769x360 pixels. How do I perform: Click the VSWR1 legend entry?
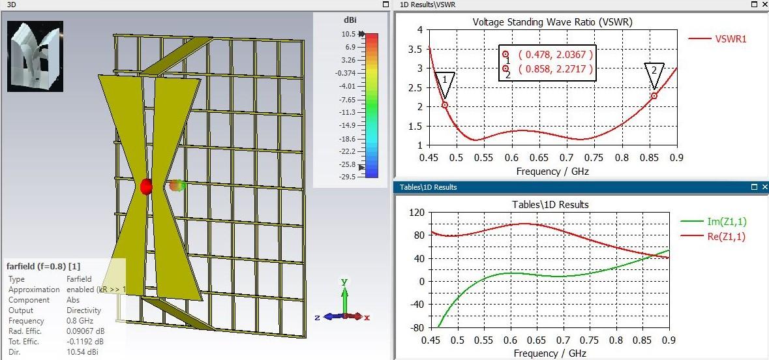click(x=731, y=39)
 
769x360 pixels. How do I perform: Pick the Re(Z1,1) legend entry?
click(x=726, y=237)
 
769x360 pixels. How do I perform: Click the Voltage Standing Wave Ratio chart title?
click(x=552, y=22)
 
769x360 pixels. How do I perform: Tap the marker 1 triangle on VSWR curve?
click(x=445, y=82)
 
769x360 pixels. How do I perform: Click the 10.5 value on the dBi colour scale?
click(x=348, y=34)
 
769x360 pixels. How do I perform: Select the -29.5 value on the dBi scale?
click(x=347, y=177)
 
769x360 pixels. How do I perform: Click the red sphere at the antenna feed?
click(x=146, y=187)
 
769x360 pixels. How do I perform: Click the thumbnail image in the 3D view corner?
click(x=35, y=56)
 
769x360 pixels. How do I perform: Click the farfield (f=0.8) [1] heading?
click(x=44, y=267)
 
